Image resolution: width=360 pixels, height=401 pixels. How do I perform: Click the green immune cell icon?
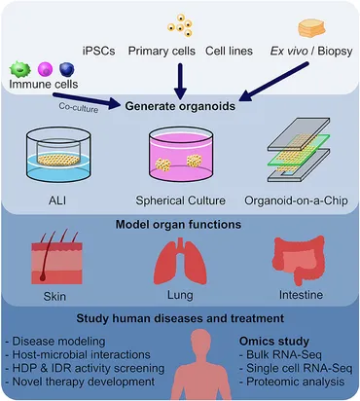[20, 70]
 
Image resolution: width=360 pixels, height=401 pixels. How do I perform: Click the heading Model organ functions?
[179, 227]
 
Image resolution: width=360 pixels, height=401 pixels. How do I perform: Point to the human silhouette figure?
[198, 365]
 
